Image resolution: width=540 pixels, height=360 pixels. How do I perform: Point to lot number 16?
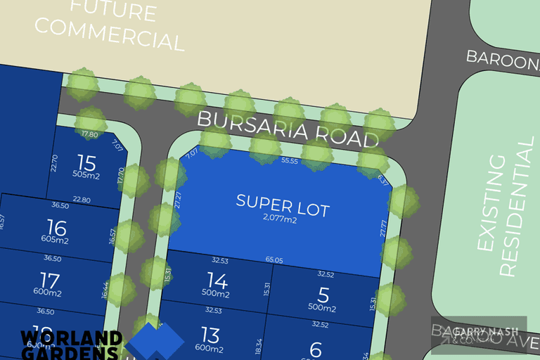[56, 228]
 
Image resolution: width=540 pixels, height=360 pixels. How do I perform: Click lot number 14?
[218, 281]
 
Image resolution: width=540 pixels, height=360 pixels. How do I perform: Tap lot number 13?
[210, 335]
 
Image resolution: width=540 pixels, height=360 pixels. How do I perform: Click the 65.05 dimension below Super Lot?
[275, 259]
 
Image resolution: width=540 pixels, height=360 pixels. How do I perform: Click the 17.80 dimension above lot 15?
[90, 134]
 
